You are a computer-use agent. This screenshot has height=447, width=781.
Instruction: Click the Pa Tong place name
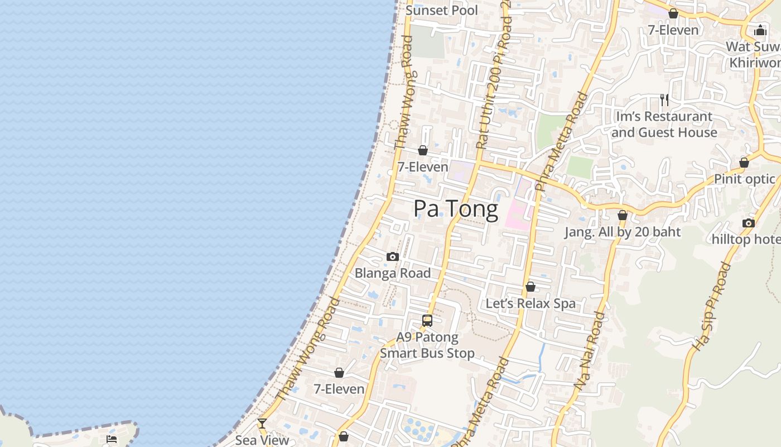pos(456,209)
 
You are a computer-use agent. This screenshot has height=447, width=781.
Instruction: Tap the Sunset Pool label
pos(442,10)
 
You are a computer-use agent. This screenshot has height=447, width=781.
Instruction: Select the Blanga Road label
pos(393,273)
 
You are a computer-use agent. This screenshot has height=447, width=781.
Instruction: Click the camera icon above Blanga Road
pos(393,257)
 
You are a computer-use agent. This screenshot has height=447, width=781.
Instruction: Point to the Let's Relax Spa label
pos(531,303)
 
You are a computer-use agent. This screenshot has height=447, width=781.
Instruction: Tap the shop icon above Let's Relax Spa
pos(531,287)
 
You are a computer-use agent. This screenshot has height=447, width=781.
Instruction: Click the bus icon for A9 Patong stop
pos(427,321)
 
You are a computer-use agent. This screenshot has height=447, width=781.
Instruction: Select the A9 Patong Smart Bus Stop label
pos(427,345)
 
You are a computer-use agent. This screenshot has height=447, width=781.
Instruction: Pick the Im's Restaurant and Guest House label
pos(664,125)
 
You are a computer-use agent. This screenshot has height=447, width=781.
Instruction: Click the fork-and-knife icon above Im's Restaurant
pos(664,100)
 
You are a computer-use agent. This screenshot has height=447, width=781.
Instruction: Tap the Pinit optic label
pos(745,179)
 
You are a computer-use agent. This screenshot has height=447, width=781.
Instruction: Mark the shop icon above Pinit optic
pos(744,163)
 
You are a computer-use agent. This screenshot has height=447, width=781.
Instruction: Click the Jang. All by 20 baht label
pos(623,232)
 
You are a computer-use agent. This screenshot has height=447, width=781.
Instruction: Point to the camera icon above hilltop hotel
pos(749,223)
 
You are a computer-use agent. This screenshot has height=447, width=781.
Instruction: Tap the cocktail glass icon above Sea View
pos(262,424)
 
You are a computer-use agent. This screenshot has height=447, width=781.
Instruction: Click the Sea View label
pos(262,440)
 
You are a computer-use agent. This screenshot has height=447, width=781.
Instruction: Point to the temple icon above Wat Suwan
pos(760,30)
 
